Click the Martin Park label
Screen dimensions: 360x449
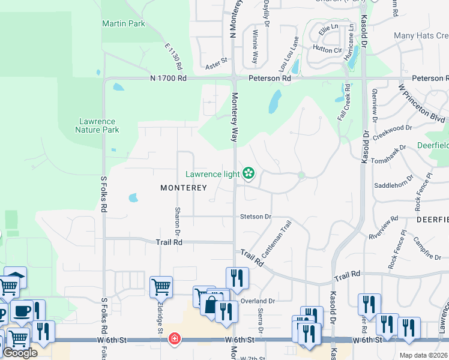click(124, 24)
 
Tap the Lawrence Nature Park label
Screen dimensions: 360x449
click(98, 125)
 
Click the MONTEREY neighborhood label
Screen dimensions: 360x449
click(184, 188)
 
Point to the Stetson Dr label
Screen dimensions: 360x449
click(256, 216)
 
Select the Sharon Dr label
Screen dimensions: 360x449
click(178, 221)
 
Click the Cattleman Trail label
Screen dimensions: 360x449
click(276, 239)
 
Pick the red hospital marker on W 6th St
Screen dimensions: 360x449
click(175, 340)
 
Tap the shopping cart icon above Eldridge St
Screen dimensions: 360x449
click(161, 287)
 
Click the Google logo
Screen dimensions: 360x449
click(20, 353)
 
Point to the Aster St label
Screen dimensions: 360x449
click(217, 61)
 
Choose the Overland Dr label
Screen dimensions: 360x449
click(258, 301)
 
